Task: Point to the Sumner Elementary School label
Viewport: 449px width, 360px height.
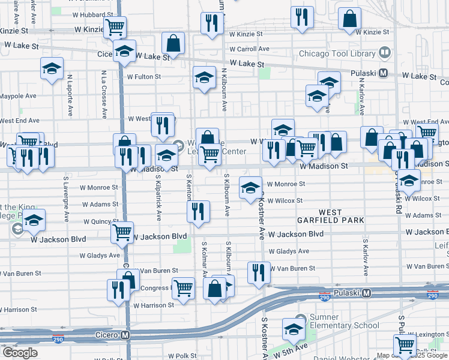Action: click(x=345, y=321)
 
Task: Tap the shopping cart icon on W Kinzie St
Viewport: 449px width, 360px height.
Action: click(x=115, y=26)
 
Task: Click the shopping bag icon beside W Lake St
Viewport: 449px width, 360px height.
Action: click(x=173, y=43)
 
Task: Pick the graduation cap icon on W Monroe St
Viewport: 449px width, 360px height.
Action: click(x=250, y=187)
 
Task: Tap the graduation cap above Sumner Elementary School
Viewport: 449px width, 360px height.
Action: click(x=294, y=328)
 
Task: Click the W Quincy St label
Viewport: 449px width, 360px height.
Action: click(x=100, y=221)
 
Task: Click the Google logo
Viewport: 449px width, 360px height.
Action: click(x=20, y=353)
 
